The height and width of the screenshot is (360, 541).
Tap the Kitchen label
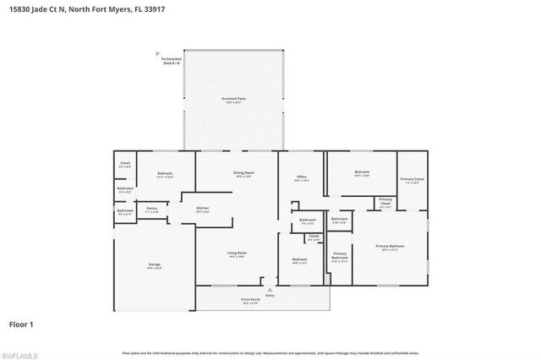tap(203, 209)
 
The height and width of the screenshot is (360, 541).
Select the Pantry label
tap(152, 209)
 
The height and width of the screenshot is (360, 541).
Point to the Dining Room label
tap(244, 174)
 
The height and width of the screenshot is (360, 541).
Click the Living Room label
tap(237, 254)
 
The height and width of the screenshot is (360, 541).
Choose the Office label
tap(300, 177)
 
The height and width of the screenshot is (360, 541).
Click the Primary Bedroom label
tap(390, 247)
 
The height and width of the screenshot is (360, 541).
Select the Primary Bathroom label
tap(340, 256)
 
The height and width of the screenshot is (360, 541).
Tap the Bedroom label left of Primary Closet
tap(362, 172)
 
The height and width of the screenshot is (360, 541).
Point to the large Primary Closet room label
tap(413, 180)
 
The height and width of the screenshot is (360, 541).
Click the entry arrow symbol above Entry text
tap(270, 286)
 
